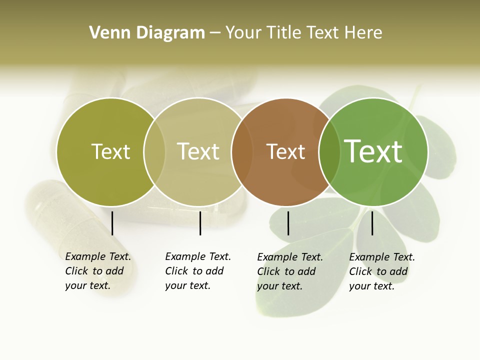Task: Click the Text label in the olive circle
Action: coord(110,151)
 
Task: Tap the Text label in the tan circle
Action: coord(198,151)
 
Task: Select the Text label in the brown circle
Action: coord(285,152)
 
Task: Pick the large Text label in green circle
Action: coord(373,151)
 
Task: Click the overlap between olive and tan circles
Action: coord(154,151)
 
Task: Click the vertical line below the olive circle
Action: coord(112,223)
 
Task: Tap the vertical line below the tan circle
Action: coord(200,223)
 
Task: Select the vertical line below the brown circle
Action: coord(288,223)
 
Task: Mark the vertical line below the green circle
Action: coord(372,223)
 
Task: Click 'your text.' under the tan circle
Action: coord(187,286)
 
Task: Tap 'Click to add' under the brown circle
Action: coord(286,271)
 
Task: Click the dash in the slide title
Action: coord(215,33)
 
